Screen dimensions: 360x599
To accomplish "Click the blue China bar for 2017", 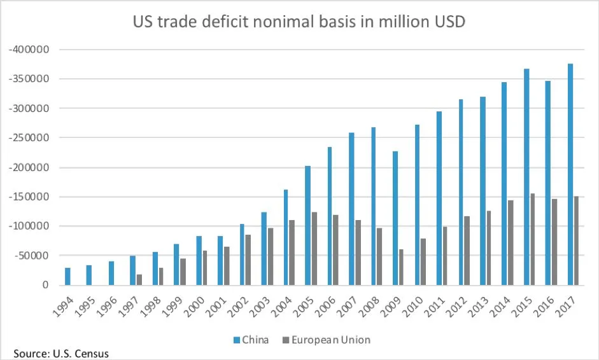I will tap(570, 174).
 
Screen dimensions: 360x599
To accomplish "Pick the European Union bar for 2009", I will tap(400, 267).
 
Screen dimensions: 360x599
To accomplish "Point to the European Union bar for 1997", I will tap(139, 279).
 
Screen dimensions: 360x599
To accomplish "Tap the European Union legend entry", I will tap(326, 340).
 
